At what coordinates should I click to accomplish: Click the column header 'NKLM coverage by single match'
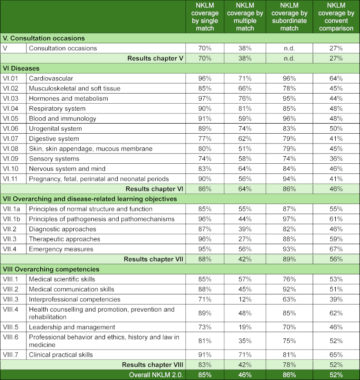pos(204,17)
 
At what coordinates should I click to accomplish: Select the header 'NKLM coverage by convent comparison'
pos(336,17)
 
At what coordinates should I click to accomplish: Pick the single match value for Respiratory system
pos(204,109)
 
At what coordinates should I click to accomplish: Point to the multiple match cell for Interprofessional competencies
pos(245,299)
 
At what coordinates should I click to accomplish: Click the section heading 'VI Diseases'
pos(21,68)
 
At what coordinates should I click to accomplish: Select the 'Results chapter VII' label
pos(154,259)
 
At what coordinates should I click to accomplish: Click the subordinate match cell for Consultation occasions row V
pos(289,49)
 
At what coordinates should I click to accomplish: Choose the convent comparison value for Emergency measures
pos(336,249)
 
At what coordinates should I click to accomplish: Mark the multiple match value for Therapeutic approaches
pos(245,239)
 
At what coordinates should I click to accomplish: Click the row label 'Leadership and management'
pos(72,327)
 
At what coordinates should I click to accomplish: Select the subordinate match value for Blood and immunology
pos(289,119)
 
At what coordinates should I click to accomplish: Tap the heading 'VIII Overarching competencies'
pos(51,269)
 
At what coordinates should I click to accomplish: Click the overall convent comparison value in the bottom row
pos(336,375)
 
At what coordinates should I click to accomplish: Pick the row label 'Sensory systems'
pos(54,158)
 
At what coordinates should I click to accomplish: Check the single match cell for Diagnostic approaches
pos(204,229)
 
